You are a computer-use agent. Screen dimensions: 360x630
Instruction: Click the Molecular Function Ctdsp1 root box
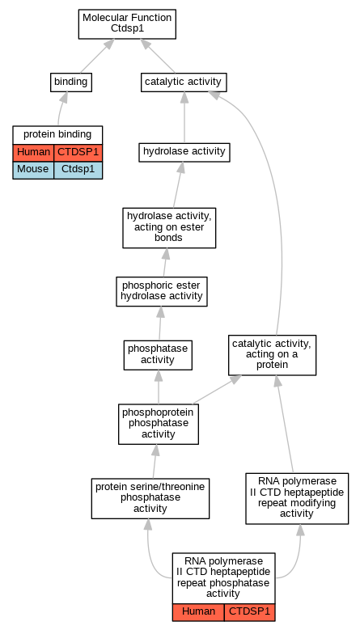(x=127, y=24)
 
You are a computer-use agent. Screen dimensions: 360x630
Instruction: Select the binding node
(x=70, y=82)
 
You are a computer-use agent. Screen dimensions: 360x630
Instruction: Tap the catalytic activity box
(x=184, y=82)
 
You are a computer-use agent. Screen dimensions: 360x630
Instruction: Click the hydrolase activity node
(x=184, y=152)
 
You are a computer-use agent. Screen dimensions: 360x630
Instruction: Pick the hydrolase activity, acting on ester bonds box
(x=169, y=227)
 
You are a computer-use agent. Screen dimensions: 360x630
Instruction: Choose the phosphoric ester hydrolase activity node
(x=162, y=291)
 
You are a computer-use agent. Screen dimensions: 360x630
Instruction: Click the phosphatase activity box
(x=158, y=355)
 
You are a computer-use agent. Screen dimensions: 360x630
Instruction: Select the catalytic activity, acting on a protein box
(x=272, y=355)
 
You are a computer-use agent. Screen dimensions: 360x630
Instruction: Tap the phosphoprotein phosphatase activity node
(x=159, y=424)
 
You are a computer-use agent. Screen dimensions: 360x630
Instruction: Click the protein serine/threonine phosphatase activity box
(x=150, y=498)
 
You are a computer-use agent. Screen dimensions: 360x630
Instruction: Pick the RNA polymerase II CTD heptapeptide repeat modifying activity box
(x=297, y=498)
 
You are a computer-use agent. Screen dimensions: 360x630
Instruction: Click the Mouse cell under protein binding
(x=33, y=170)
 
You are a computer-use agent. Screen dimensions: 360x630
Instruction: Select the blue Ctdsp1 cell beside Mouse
(x=78, y=170)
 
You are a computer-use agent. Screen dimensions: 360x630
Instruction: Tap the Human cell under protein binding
(x=33, y=153)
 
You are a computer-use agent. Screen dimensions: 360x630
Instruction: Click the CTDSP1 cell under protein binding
(x=78, y=153)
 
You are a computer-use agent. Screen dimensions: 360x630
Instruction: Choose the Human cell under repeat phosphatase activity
(x=198, y=612)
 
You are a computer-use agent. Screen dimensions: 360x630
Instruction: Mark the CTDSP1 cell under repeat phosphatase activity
(x=249, y=612)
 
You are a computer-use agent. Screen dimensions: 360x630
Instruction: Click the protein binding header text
(x=57, y=134)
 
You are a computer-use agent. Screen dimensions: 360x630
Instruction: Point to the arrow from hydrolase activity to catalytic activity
(x=184, y=117)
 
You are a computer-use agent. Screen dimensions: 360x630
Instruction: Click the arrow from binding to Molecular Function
(x=95, y=57)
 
